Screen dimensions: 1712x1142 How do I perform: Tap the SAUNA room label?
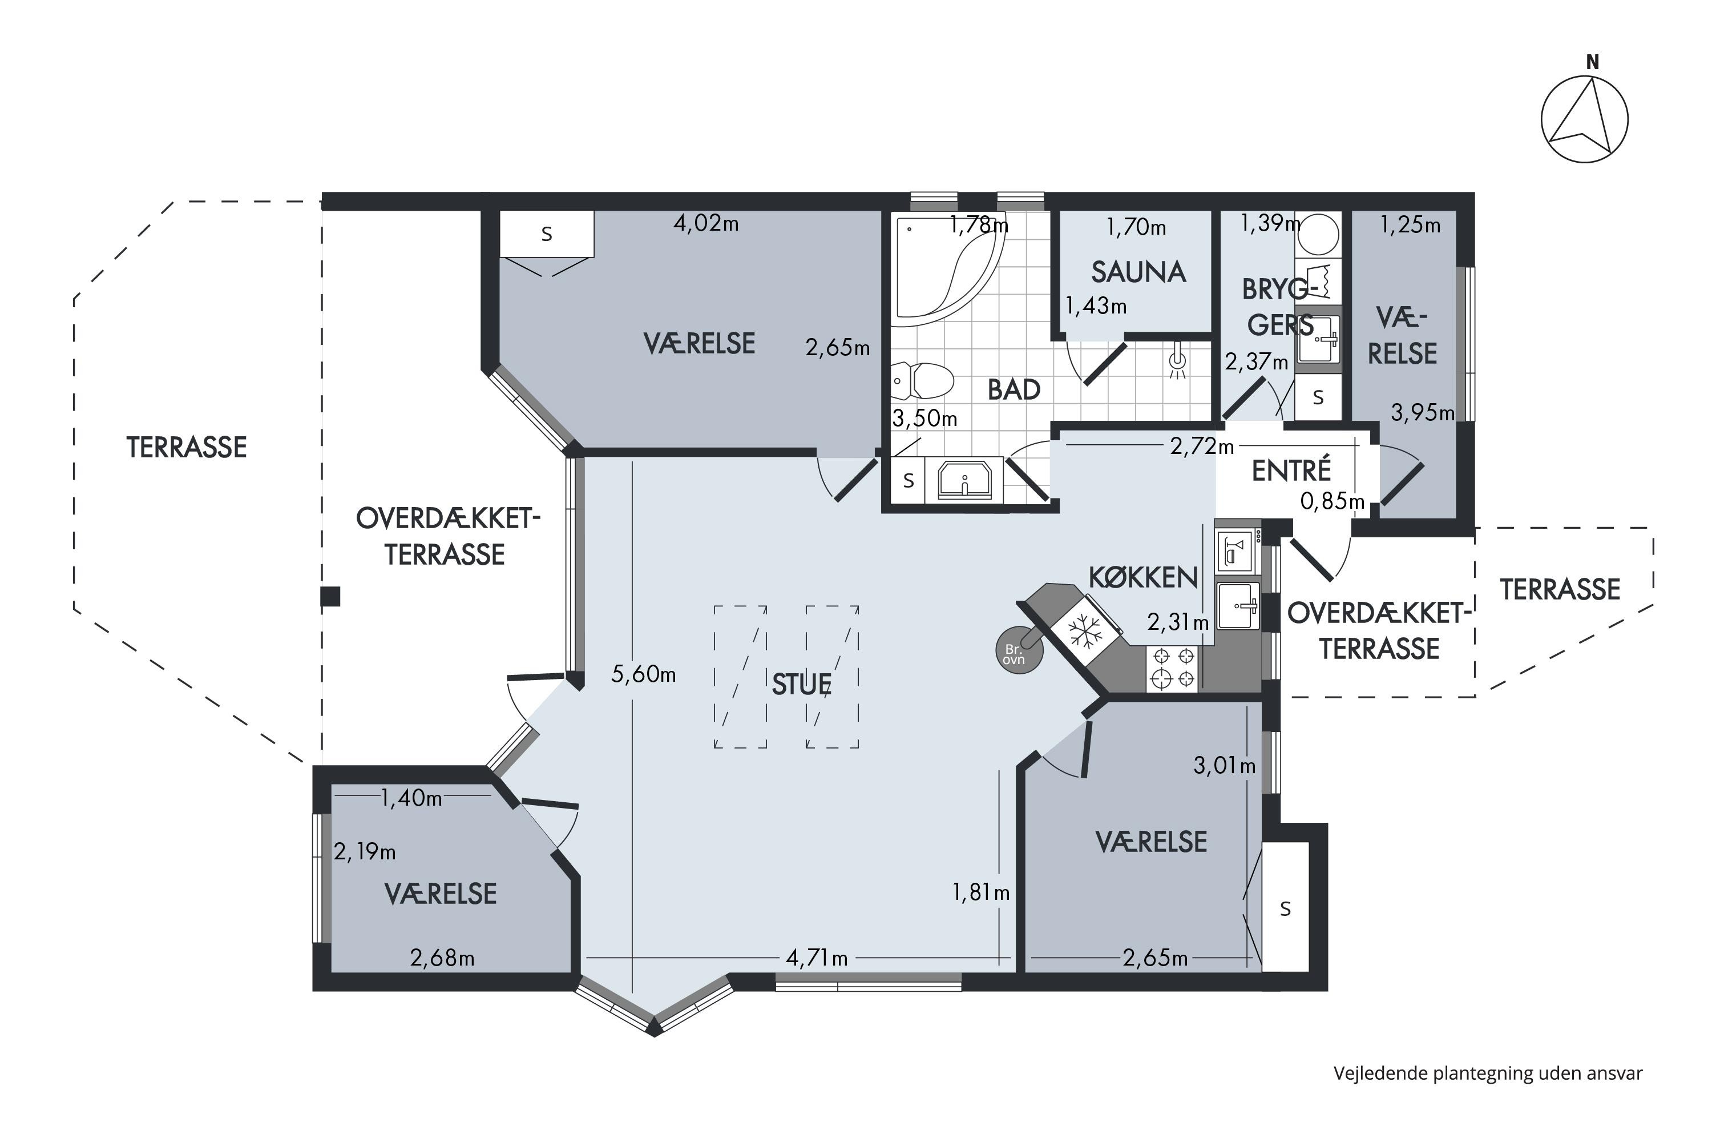point(1138,272)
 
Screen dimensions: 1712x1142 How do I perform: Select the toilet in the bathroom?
point(923,381)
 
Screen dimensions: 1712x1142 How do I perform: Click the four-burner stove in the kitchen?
point(1173,669)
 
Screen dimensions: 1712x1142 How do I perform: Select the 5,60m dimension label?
point(644,674)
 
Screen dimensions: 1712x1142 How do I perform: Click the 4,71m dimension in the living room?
point(817,958)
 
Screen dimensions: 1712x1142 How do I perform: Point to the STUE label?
point(801,685)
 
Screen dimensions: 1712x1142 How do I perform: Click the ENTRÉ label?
point(1291,471)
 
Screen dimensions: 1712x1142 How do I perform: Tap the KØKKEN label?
point(1144,577)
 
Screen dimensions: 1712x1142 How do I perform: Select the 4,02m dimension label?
point(706,224)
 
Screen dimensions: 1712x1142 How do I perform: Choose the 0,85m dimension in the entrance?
point(1333,501)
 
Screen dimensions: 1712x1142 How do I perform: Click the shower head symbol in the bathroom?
point(1177,364)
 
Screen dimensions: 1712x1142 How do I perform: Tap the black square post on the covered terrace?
point(330,597)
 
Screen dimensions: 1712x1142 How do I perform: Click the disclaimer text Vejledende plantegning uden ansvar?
point(1488,1073)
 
